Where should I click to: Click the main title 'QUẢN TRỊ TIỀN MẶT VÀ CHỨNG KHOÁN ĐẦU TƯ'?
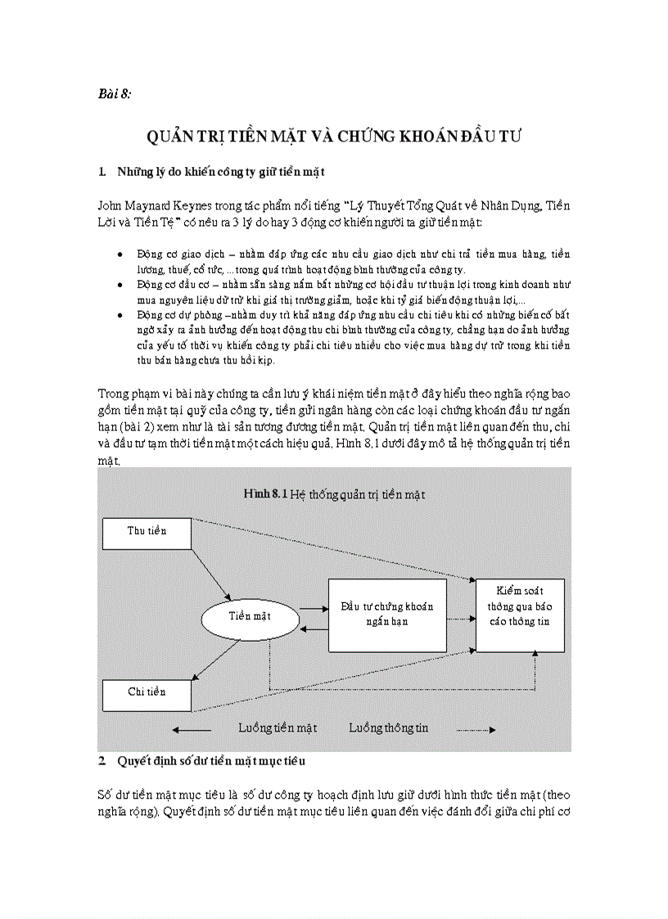(334, 136)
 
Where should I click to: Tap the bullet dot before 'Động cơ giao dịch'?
(121, 255)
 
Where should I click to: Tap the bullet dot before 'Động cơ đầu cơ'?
(121, 285)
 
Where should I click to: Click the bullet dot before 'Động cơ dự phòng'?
(121, 315)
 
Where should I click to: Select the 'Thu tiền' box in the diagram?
(147, 532)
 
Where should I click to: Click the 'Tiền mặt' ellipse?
(250, 615)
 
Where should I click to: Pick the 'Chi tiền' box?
(147, 692)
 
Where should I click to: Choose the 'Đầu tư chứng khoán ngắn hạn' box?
(386, 615)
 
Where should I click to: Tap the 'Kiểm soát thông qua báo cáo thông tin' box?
(520, 606)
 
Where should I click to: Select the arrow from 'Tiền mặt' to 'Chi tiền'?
(215, 660)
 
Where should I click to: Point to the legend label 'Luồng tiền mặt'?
(278, 728)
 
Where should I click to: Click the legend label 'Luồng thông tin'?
(388, 728)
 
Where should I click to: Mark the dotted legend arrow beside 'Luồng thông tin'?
(476, 728)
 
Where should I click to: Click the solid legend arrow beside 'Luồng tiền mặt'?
(199, 728)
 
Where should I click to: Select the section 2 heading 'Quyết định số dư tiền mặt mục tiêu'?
(211, 761)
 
